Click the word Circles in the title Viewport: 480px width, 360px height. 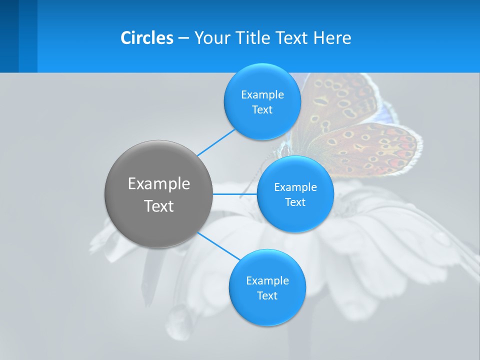tap(146, 38)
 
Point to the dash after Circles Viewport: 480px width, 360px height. tap(183, 38)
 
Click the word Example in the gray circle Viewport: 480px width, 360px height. tap(158, 184)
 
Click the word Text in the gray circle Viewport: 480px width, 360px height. tap(158, 206)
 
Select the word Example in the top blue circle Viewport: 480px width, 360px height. tap(262, 95)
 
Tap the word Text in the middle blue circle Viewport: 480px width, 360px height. tap(295, 202)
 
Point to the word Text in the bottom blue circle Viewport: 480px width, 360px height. tap(267, 296)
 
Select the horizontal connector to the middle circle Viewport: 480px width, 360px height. tap(234, 194)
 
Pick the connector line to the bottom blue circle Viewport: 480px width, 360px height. tap(219, 246)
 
